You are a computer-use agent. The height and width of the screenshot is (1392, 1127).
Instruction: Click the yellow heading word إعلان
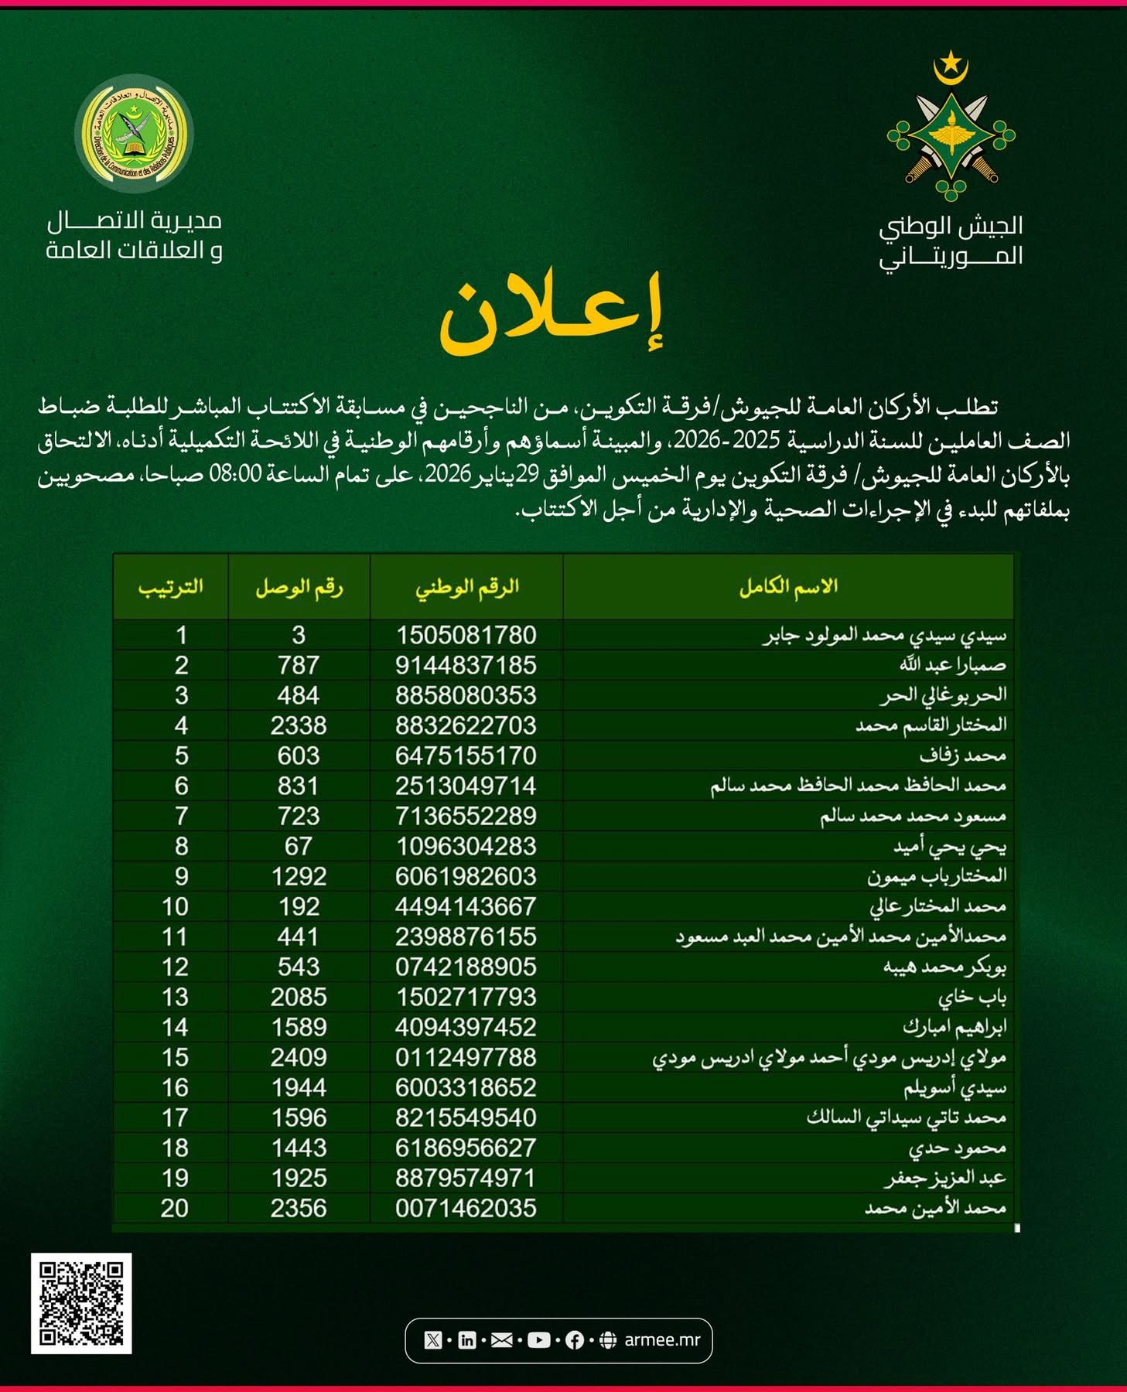coord(552,313)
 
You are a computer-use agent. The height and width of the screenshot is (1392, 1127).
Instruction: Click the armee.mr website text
coord(661,1340)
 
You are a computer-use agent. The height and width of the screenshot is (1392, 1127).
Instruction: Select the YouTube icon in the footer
coord(538,1340)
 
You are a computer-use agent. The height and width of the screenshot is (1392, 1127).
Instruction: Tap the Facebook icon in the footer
coord(575,1340)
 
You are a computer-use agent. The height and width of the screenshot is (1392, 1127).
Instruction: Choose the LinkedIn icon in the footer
coord(467,1340)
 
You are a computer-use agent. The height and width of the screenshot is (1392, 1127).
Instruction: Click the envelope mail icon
coord(502,1340)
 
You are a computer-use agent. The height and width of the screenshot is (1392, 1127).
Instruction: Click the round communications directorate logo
coord(134,133)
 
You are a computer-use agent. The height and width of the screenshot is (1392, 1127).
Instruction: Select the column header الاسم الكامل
coord(788,586)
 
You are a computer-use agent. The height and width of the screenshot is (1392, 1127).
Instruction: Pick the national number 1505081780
coord(466,635)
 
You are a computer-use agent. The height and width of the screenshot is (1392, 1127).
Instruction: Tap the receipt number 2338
coord(299,725)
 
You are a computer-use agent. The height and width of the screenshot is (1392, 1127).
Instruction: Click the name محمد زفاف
coord(962,756)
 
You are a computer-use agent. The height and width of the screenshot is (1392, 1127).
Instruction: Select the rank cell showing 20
coord(175,1208)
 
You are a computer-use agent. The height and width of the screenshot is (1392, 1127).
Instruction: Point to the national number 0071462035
coord(466,1208)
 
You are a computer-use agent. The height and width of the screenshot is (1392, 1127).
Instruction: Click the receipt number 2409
coord(299,1057)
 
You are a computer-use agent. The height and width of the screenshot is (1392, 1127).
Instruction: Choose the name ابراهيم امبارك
coord(955,1027)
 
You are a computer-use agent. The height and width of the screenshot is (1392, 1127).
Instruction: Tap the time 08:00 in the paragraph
coord(237,474)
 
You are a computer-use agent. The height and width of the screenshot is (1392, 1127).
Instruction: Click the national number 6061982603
coord(466,876)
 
